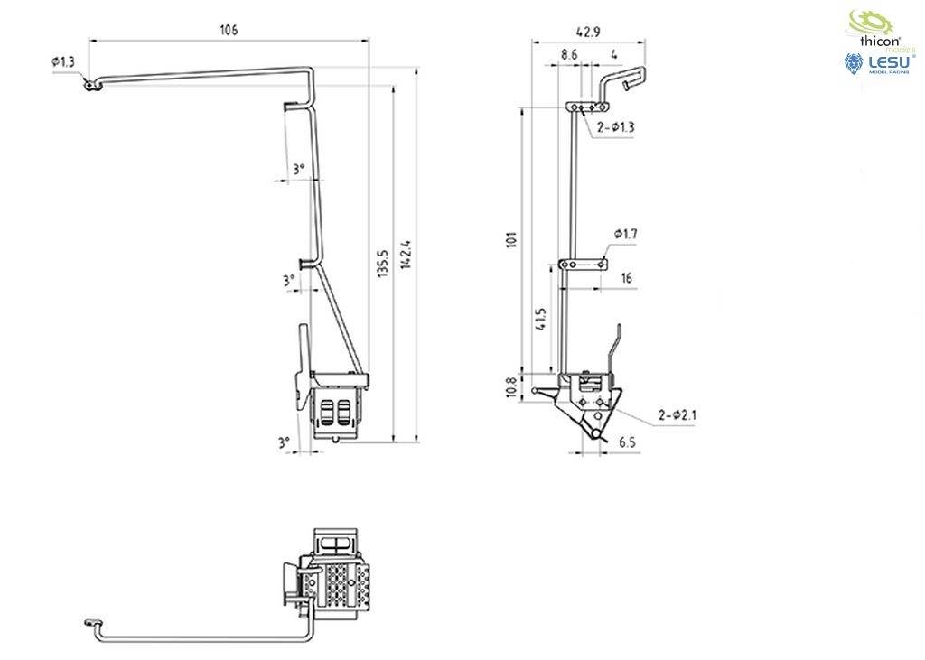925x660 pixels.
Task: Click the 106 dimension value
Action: pyautogui.click(x=229, y=30)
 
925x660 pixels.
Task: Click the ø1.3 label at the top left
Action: pyautogui.click(x=63, y=60)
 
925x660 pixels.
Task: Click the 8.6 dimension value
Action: pyautogui.click(x=568, y=54)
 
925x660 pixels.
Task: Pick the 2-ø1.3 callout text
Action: pyautogui.click(x=616, y=127)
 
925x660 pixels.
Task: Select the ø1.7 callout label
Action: pyautogui.click(x=625, y=235)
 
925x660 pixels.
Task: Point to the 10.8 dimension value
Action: pyautogui.click(x=512, y=387)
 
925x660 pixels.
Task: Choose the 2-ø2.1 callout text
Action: pyautogui.click(x=677, y=414)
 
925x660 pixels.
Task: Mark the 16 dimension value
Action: pyautogui.click(x=626, y=279)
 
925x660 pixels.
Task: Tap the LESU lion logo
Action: pyautogui.click(x=852, y=63)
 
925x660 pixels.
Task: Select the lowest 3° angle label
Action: pyautogui.click(x=284, y=442)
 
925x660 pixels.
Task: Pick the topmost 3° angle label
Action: pyautogui.click(x=299, y=169)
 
